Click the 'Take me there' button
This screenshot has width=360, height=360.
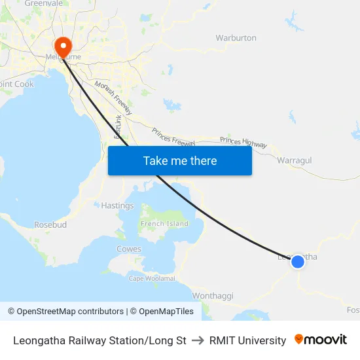[180, 160]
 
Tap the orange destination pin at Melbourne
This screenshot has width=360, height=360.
[63, 45]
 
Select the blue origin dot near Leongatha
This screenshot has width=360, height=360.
[297, 261]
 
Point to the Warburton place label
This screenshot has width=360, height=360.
[236, 38]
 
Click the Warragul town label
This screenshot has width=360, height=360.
[294, 160]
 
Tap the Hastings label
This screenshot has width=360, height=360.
[117, 206]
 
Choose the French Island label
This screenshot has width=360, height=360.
[164, 224]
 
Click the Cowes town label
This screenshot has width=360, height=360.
[128, 249]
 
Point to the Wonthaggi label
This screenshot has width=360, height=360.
[213, 296]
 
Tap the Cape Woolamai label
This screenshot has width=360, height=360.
[152, 279]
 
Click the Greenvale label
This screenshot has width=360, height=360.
[44, 3]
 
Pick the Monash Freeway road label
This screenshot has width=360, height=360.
[113, 99]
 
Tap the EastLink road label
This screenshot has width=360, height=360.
[118, 126]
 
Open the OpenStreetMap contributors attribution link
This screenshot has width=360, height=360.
[65, 312]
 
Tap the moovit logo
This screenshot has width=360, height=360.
[320, 340]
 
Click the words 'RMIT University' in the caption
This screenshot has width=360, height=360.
[247, 340]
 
